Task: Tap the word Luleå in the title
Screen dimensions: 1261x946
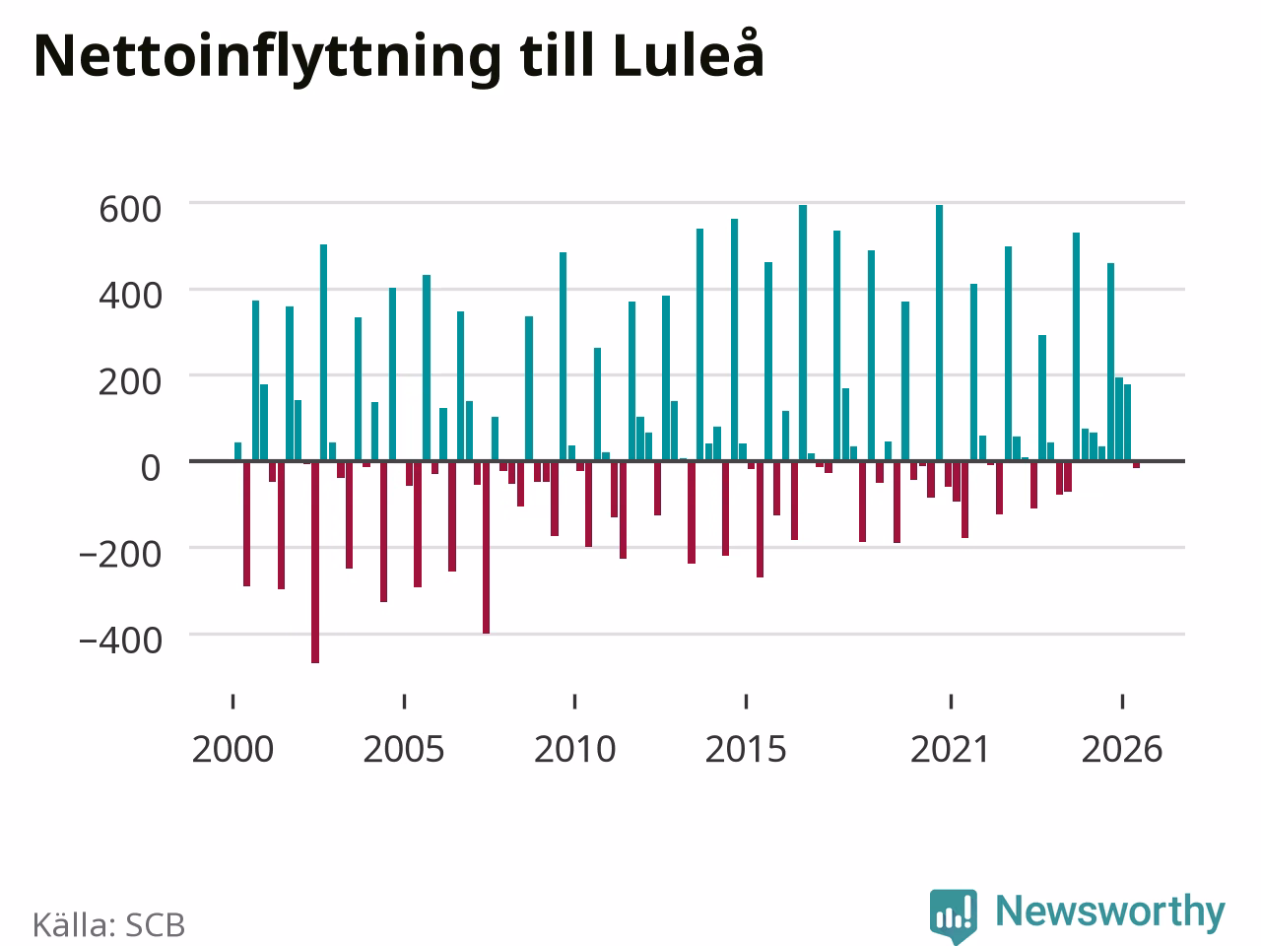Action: pos(689,53)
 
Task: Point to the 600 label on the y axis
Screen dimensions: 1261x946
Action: pos(130,210)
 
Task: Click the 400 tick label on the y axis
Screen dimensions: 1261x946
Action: pos(130,297)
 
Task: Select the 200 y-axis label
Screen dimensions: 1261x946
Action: pos(130,382)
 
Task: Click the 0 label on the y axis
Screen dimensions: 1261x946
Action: pos(151,468)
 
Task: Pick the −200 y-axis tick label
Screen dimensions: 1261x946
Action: pos(120,555)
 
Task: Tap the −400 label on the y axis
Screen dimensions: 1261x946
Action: pos(120,641)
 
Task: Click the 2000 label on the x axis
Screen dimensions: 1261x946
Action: pos(232,750)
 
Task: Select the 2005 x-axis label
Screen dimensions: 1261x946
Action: pos(404,750)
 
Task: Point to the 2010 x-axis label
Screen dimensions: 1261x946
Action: pos(575,750)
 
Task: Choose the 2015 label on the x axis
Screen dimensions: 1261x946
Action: pos(746,750)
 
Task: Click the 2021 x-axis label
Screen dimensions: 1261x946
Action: pos(951,750)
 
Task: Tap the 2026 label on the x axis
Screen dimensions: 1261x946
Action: pos(1122,750)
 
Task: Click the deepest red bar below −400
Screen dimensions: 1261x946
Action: pos(315,562)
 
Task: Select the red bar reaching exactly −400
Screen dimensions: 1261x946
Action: pos(486,547)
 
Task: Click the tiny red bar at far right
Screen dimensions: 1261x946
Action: pos(1136,464)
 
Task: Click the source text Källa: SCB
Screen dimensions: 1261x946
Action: pos(108,924)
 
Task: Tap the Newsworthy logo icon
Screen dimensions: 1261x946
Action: pos(954,916)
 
